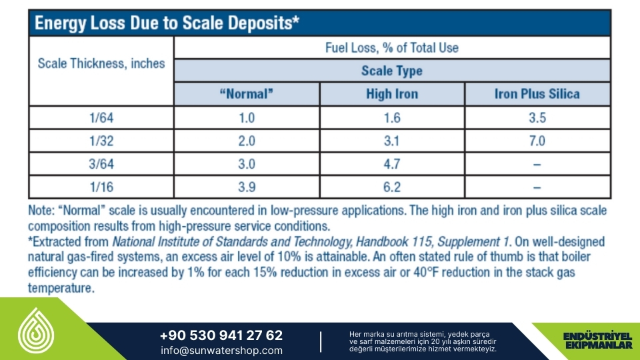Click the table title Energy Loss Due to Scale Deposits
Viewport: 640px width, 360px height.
167,23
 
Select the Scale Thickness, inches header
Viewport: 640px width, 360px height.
101,64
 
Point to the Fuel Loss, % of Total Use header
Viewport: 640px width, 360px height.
392,48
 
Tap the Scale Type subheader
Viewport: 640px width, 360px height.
392,71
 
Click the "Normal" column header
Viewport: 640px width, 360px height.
247,94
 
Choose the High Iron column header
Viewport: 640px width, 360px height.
392,94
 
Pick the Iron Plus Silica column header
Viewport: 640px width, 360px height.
537,94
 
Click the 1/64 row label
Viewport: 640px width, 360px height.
101,118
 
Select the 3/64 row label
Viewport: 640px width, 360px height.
101,164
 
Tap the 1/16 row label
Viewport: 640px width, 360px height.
101,187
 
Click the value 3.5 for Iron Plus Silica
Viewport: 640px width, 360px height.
537,118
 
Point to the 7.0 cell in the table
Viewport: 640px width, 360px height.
537,141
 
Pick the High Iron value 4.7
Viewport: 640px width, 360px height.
392,164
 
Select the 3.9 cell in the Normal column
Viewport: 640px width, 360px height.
247,187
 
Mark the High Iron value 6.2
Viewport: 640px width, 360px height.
392,187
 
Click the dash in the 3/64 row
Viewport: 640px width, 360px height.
537,165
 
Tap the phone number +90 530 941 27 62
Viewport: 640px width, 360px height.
221,335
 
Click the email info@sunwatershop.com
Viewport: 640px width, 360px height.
221,350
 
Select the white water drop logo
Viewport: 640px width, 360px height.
36,331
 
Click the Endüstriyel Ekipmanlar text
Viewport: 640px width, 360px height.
598,341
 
